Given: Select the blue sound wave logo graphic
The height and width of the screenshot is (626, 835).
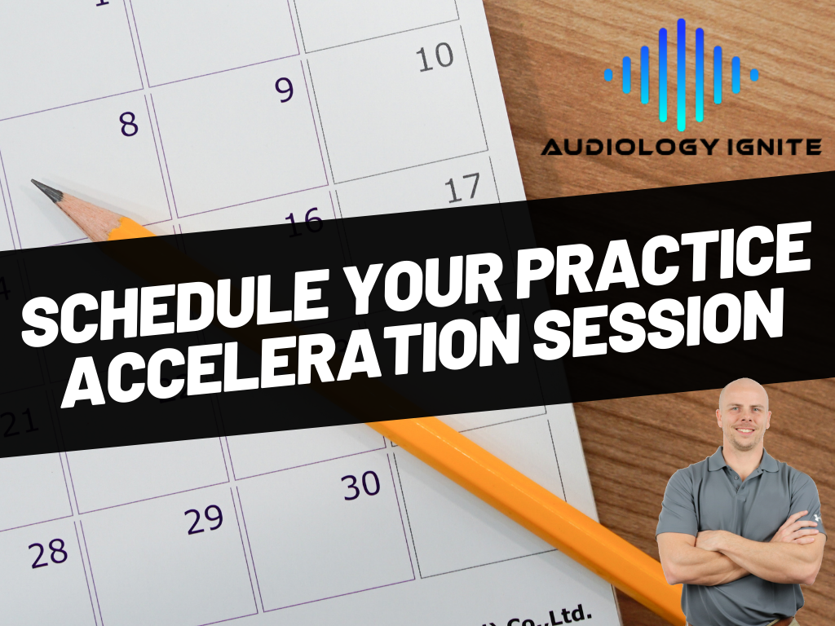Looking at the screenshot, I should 681,74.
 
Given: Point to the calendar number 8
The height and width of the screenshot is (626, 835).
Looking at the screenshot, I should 129,124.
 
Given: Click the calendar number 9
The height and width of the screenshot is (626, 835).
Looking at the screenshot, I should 284,90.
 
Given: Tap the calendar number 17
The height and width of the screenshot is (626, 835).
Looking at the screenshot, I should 462,189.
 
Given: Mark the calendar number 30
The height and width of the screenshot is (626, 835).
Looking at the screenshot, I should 361,487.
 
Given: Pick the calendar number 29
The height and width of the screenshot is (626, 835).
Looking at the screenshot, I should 205,520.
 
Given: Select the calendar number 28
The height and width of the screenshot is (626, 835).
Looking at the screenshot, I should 49,553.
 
